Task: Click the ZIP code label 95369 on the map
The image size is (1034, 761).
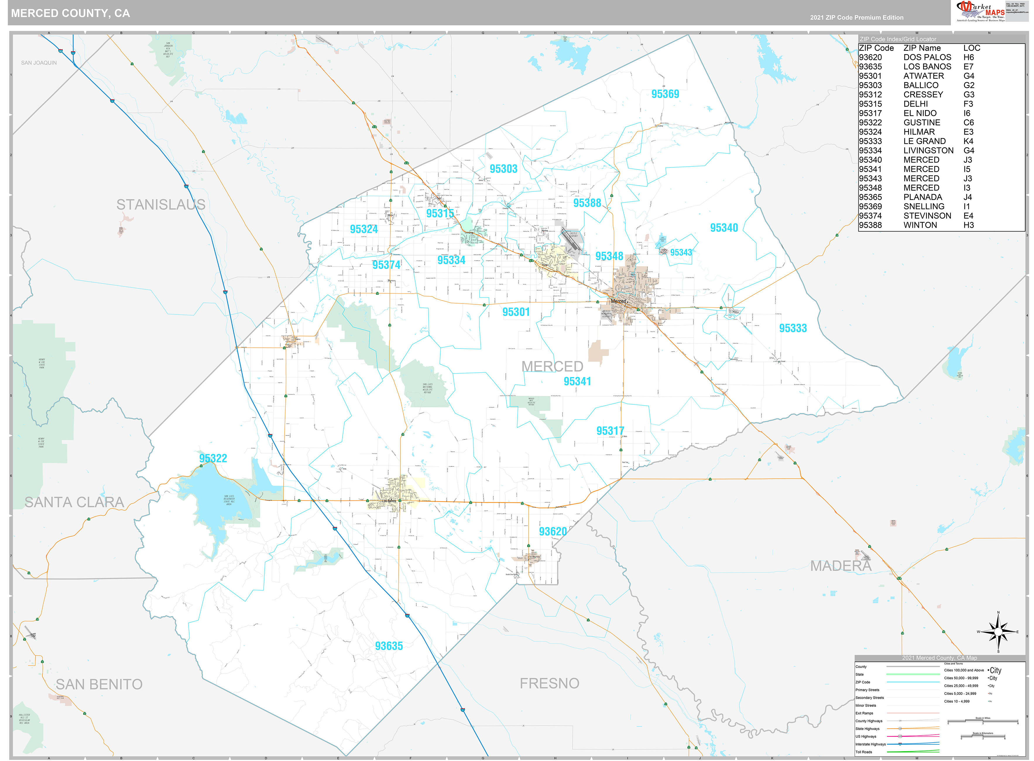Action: (x=665, y=94)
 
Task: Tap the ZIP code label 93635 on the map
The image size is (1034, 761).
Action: (x=389, y=646)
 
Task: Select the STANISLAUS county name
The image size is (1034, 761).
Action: (x=161, y=205)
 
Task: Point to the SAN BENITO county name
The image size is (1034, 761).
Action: (x=99, y=684)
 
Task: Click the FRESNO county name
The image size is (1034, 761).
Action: (x=549, y=683)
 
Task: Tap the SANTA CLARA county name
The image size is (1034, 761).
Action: (x=74, y=502)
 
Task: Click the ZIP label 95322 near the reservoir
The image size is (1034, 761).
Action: (x=213, y=458)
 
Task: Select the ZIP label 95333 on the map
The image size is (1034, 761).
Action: (x=793, y=328)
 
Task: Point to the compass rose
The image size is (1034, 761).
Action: (x=998, y=632)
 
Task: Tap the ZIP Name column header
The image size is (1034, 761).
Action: (x=922, y=48)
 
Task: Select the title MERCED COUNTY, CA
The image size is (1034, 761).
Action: (x=71, y=13)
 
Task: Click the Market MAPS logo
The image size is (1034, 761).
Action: (x=980, y=11)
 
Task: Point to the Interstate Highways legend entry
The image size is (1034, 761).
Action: (x=870, y=744)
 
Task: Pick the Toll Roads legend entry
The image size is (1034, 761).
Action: (x=864, y=752)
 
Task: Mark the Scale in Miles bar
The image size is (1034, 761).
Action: (x=982, y=721)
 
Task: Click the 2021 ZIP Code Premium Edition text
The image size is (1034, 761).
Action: (x=857, y=18)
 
